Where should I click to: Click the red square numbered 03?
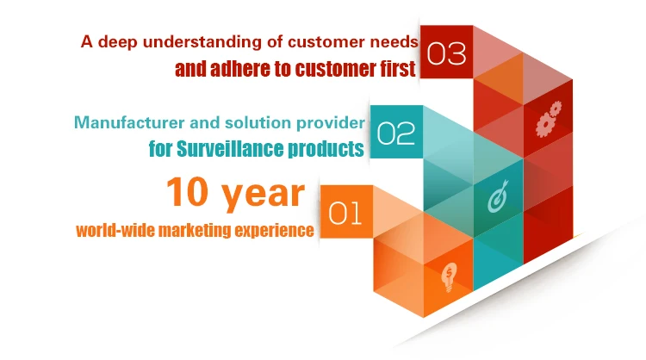(x=446, y=52)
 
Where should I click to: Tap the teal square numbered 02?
(x=396, y=132)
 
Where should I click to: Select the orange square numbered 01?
(x=346, y=212)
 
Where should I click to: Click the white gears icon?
(x=549, y=119)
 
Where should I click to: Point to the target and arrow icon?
(x=499, y=196)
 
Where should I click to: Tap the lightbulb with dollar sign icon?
(x=449, y=276)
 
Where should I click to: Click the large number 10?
(x=188, y=191)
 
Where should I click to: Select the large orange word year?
(x=264, y=196)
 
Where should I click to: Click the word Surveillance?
(x=230, y=149)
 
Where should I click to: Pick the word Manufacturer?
(x=129, y=123)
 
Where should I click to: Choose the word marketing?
(x=195, y=230)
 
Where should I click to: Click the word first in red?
(x=398, y=69)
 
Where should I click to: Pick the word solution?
(x=258, y=123)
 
